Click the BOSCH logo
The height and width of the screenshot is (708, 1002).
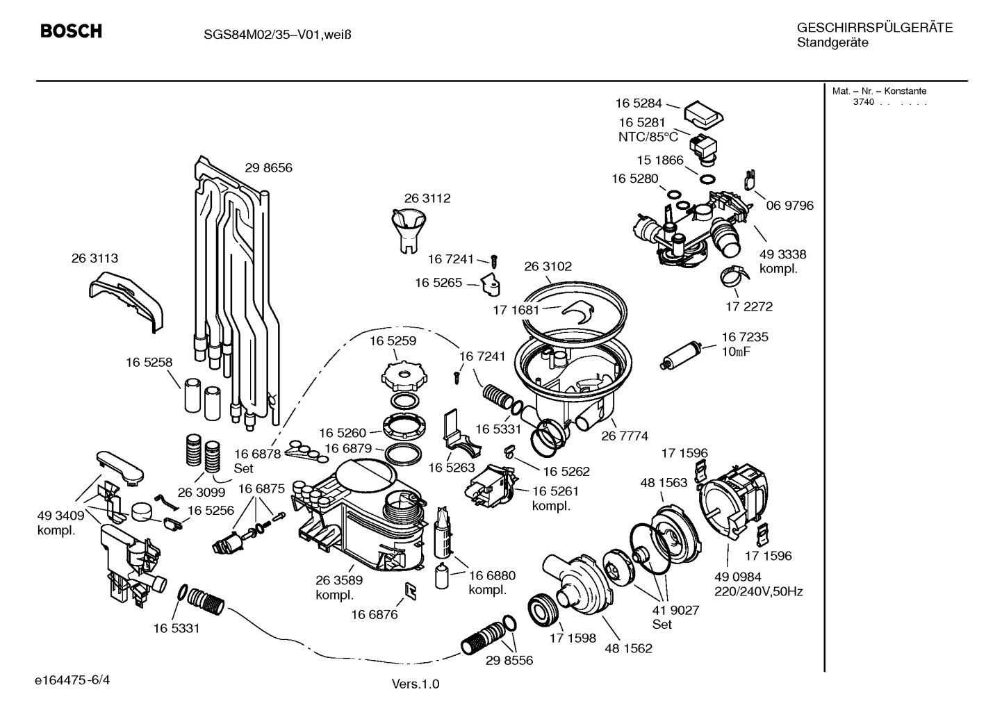(x=71, y=31)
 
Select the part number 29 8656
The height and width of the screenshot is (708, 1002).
(x=268, y=167)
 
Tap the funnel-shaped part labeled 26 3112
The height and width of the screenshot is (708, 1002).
(x=408, y=231)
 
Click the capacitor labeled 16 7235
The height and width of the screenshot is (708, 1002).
(x=680, y=356)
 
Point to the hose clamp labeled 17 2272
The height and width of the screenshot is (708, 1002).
(x=734, y=277)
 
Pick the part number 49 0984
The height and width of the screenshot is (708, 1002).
(x=738, y=577)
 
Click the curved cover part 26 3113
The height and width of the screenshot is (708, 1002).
(x=126, y=302)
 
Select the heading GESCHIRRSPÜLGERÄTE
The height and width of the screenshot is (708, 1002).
(x=875, y=27)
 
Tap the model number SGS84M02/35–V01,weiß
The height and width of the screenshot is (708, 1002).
(x=277, y=35)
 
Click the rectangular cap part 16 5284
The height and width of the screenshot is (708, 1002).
(x=704, y=115)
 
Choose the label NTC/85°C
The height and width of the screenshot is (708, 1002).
(x=648, y=137)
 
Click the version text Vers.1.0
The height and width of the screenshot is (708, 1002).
(x=416, y=684)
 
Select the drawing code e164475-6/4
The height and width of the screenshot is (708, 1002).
(x=72, y=680)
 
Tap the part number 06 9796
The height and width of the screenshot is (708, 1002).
(x=790, y=205)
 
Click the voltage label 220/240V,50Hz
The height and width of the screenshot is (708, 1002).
(x=759, y=592)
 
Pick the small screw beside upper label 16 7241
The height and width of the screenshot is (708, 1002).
(x=494, y=261)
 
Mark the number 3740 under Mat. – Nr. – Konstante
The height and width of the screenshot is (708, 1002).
(x=863, y=102)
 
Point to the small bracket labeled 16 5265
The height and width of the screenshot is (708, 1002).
(x=491, y=285)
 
